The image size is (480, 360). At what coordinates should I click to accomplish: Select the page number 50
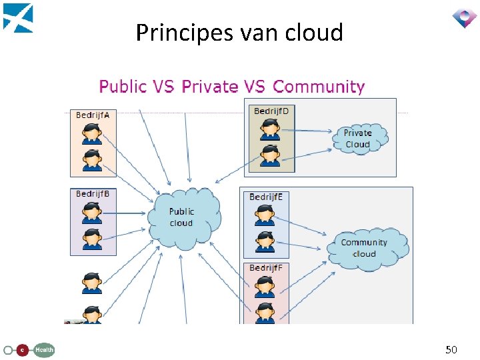click(x=451, y=349)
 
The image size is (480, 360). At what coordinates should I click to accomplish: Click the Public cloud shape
click(x=183, y=217)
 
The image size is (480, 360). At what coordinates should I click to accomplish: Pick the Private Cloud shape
click(x=359, y=139)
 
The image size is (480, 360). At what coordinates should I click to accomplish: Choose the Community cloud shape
click(x=365, y=248)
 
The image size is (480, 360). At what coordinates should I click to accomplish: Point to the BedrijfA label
click(x=93, y=115)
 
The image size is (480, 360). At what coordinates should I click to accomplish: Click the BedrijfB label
click(x=93, y=194)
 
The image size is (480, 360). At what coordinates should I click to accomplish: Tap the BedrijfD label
click(x=271, y=111)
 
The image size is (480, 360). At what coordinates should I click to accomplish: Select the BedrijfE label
click(x=266, y=197)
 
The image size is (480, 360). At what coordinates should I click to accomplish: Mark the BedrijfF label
click(x=266, y=268)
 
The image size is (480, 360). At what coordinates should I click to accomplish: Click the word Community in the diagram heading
click(x=319, y=87)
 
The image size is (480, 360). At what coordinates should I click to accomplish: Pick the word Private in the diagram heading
click(x=210, y=87)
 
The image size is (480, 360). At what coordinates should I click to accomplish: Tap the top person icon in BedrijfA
click(x=92, y=133)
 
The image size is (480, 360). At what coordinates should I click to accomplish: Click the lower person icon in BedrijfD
click(x=269, y=155)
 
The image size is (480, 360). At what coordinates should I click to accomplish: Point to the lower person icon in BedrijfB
click(x=92, y=239)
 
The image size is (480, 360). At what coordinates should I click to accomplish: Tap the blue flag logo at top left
click(x=18, y=17)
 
